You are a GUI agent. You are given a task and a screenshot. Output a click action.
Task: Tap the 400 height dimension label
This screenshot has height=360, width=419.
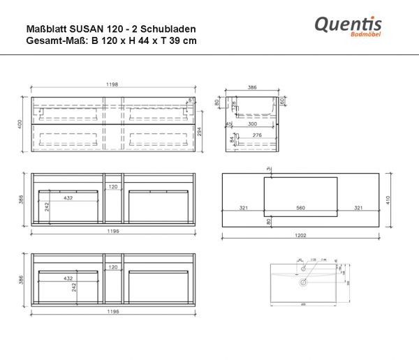[x=21, y=123]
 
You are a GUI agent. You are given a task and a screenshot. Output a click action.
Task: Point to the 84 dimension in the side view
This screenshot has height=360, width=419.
[x=230, y=137]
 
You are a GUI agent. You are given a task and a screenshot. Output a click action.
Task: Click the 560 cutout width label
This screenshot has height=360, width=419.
[x=301, y=208]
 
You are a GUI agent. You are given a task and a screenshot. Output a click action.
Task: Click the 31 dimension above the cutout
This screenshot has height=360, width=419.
[x=270, y=168]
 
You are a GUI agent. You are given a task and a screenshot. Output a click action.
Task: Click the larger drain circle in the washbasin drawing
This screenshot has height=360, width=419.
[x=303, y=283]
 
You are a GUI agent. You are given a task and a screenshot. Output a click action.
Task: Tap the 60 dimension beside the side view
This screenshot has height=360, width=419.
[x=281, y=102]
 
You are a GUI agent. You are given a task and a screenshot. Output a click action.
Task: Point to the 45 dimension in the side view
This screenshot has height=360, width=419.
[x=228, y=124]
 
